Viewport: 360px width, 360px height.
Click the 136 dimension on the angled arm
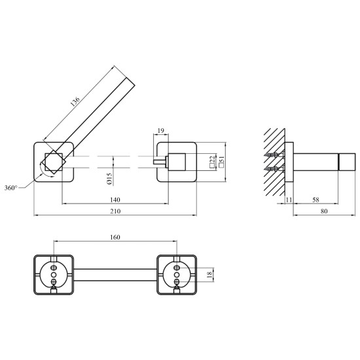pyautogui.click(x=75, y=101)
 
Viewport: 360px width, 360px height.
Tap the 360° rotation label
pyautogui.click(x=10, y=188)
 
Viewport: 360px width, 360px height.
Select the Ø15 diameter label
pyautogui.click(x=109, y=179)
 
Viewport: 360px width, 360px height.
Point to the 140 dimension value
pyautogui.click(x=115, y=200)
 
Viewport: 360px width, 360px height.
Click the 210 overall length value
pyautogui.click(x=115, y=211)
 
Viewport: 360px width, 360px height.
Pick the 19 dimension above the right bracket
pyautogui.click(x=161, y=131)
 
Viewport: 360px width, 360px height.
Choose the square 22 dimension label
pyautogui.click(x=212, y=162)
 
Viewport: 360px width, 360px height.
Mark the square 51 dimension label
pyautogui.click(x=221, y=162)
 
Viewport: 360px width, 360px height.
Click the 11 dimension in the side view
pyautogui.click(x=289, y=200)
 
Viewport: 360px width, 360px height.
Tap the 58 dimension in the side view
pyautogui.click(x=315, y=200)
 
